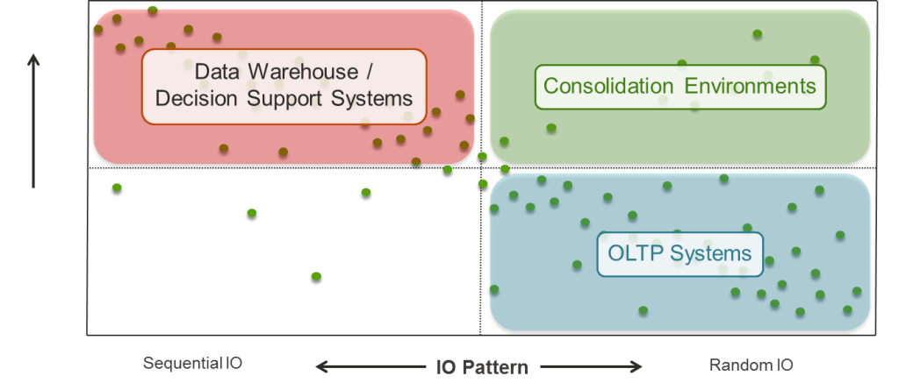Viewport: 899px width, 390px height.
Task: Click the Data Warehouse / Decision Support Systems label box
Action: point(284,85)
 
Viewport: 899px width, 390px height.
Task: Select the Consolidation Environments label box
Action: point(680,86)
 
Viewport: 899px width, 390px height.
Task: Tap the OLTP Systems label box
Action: point(680,253)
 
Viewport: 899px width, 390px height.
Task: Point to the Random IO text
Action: point(750,365)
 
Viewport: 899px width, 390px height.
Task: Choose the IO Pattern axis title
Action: point(482,367)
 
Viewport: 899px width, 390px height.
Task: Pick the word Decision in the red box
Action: point(198,98)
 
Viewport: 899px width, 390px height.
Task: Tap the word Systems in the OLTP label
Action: point(711,253)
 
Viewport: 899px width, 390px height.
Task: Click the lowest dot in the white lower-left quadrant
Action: point(316,277)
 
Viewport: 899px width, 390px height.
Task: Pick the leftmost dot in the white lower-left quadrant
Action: point(117,188)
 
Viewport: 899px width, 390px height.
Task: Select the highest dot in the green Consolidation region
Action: point(757,34)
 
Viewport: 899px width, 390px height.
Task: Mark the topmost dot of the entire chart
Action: point(153,11)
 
